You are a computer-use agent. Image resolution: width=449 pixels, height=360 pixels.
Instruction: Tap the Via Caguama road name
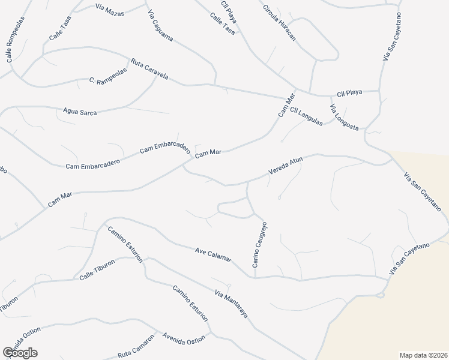click(x=160, y=27)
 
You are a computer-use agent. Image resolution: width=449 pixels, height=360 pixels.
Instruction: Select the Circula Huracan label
click(x=280, y=23)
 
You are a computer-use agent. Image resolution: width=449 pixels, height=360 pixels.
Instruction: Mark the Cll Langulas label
click(x=306, y=116)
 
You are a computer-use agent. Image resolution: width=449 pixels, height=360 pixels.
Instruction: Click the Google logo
click(x=20, y=353)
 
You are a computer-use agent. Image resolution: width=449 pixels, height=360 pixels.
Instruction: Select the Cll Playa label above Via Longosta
click(x=349, y=93)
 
